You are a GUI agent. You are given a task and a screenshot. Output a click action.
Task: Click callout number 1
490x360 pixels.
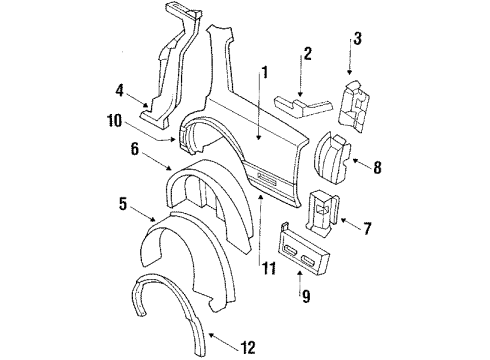click(x=265, y=71)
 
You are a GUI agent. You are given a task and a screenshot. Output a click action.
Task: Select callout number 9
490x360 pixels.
click(x=300, y=295)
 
